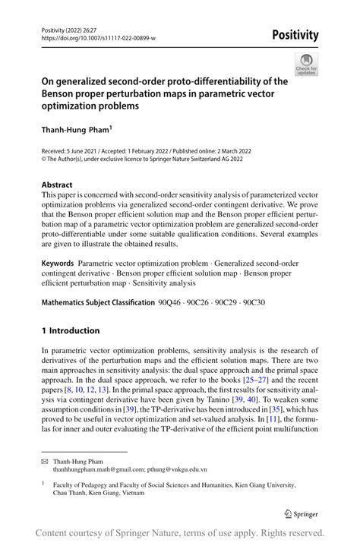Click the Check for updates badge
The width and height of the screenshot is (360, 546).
point(306,65)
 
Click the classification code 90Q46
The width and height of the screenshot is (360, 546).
point(170,303)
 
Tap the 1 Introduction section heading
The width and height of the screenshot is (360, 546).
point(71,330)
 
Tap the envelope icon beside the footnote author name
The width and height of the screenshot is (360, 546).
point(46,460)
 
